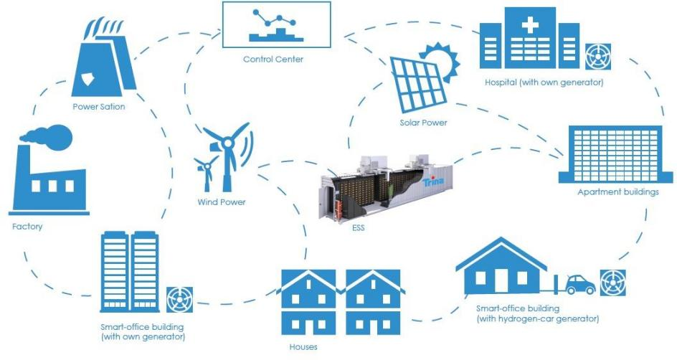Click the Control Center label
coord(273,60)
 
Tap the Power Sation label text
coord(99,108)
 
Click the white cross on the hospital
coord(530,27)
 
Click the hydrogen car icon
coord(580,285)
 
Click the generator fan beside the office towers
coord(179,300)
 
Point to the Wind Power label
coord(222,202)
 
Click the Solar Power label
coord(423,123)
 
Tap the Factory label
coord(27,227)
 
